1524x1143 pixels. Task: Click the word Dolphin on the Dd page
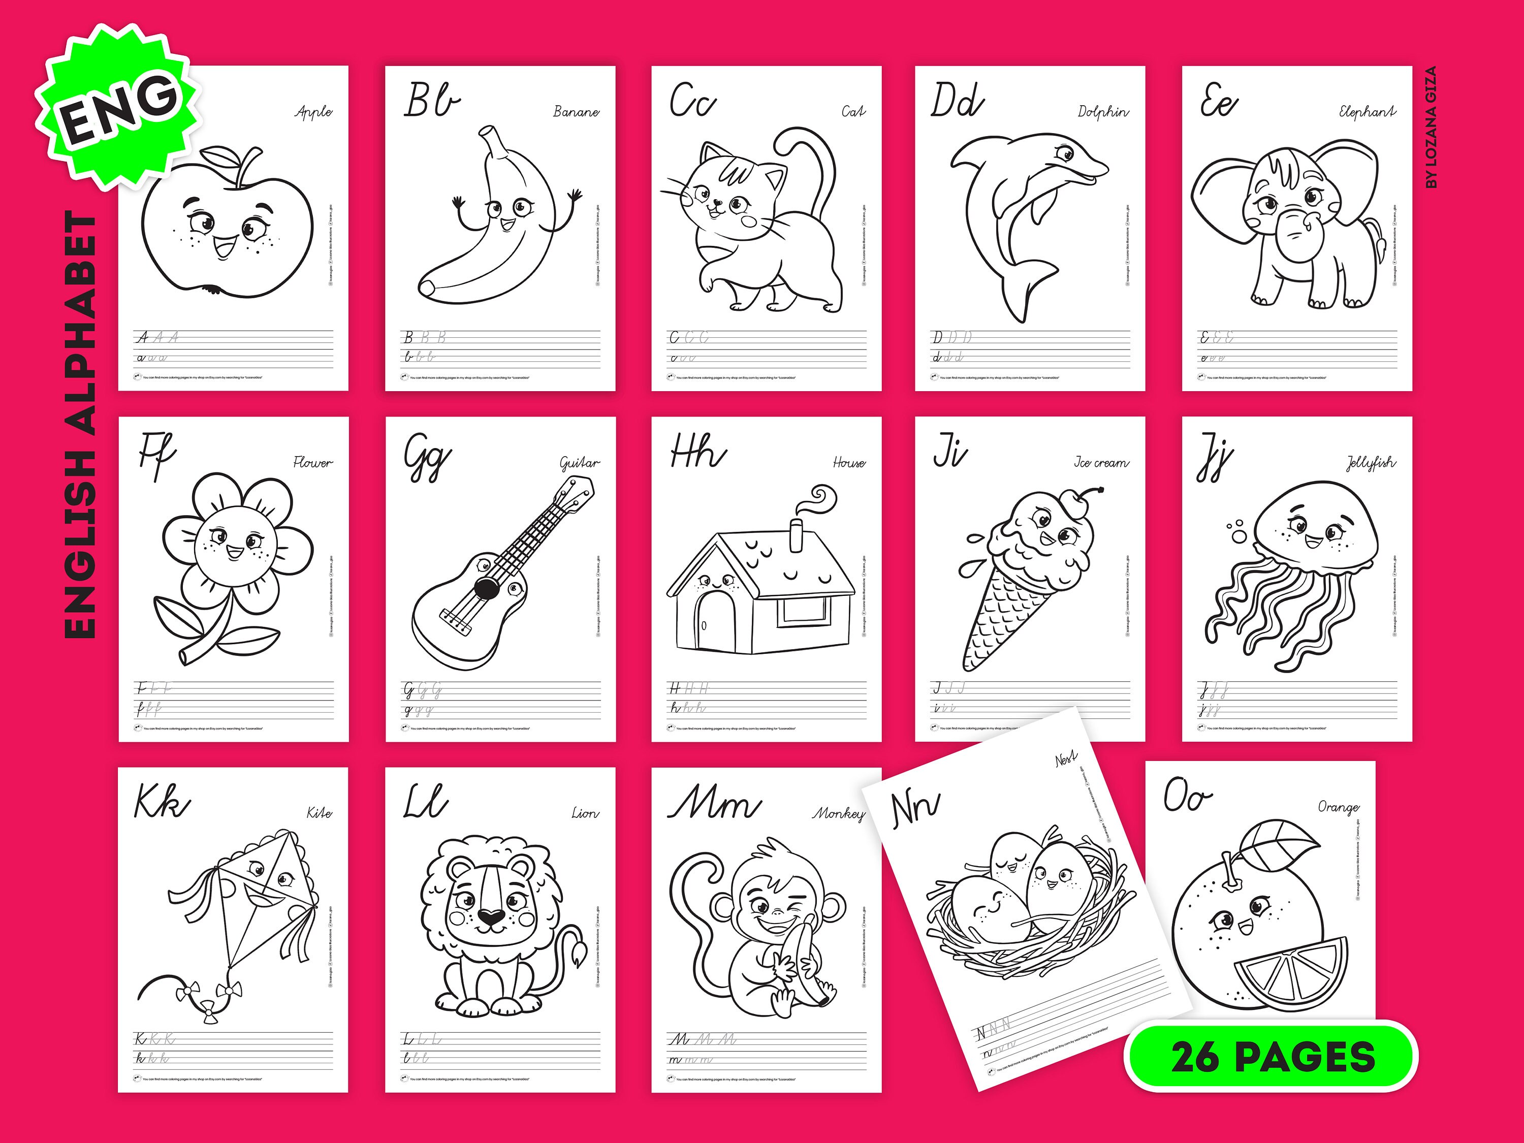[x=1103, y=112]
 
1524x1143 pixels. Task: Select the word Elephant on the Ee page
[x=1367, y=112]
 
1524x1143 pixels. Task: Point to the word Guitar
[x=580, y=463]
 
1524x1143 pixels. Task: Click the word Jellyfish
[x=1371, y=463]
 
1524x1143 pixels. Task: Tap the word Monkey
[x=839, y=814]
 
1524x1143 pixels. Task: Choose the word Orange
[x=1338, y=807]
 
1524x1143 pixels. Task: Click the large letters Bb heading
[x=432, y=101]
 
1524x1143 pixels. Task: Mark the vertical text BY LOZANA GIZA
[x=1431, y=128]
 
